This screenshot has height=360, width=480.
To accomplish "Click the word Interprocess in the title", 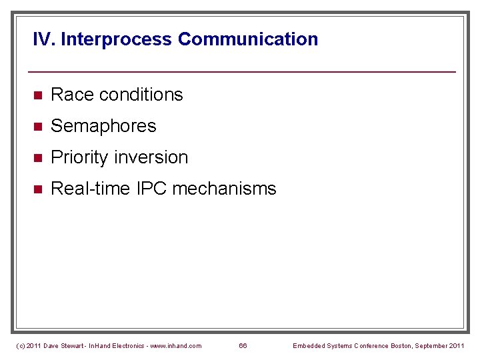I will [117, 39].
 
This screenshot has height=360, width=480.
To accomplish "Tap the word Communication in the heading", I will [248, 39].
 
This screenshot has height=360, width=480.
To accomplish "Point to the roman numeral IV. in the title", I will [44, 39].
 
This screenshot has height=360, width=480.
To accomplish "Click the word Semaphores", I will [103, 126].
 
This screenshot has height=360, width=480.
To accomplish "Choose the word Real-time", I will [91, 189].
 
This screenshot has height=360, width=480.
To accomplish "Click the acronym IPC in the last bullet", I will [152, 189].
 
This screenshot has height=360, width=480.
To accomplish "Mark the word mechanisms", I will [224, 189].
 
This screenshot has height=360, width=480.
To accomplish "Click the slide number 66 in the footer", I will [243, 345].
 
